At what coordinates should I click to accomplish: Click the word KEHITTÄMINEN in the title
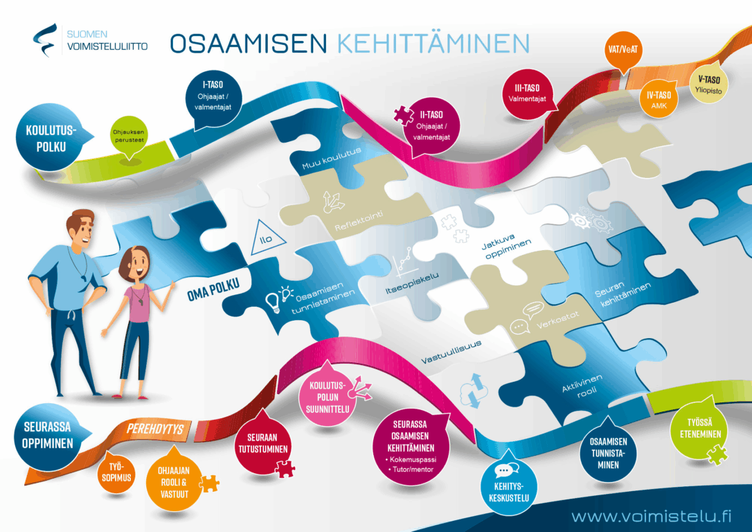[433, 42]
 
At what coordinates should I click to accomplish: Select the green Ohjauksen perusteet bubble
[129, 136]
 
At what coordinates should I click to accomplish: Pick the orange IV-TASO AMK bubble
[659, 100]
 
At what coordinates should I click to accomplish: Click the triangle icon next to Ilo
[265, 234]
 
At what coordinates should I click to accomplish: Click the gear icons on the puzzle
[579, 220]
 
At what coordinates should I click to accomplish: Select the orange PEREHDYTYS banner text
[155, 429]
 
